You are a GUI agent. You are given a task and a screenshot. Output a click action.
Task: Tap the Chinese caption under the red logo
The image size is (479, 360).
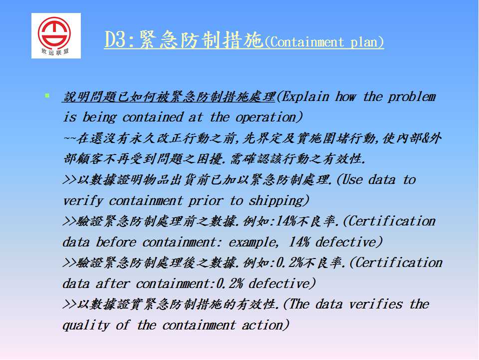click(55, 51)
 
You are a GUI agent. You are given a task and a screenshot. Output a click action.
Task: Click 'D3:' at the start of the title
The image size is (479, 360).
click(119, 40)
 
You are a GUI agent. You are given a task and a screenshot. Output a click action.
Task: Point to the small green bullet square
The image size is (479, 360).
click(47, 95)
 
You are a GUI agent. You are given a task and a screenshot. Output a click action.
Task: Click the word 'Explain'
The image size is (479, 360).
click(303, 96)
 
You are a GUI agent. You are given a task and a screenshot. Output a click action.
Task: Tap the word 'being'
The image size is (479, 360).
click(99, 117)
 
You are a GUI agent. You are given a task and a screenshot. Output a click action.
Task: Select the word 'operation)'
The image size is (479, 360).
click(269, 117)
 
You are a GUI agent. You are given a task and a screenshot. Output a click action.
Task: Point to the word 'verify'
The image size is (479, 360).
click(82, 201)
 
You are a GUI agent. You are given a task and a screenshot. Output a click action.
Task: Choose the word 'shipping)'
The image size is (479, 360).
click(279, 201)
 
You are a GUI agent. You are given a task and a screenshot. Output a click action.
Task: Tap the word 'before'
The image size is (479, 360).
click(116, 242)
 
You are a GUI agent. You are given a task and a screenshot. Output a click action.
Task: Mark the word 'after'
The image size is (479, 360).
click(113, 284)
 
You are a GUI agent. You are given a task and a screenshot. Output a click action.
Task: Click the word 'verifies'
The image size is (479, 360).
click(376, 304)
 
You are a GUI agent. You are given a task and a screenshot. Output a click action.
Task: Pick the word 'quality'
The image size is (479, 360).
click(86, 325)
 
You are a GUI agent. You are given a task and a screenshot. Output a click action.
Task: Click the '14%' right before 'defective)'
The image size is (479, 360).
click(299, 242)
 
